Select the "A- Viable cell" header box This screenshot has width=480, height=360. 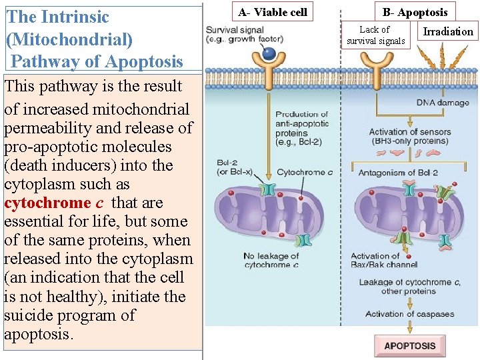(273, 12)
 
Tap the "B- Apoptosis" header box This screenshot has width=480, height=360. (415, 12)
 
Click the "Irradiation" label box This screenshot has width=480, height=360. (448, 31)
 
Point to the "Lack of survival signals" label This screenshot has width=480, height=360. (375, 35)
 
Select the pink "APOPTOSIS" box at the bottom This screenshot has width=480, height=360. (410, 345)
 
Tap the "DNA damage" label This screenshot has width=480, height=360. (443, 103)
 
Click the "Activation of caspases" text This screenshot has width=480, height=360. (403, 313)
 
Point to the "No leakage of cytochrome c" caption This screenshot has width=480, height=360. (271, 260)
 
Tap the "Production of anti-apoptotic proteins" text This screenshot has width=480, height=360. (301, 127)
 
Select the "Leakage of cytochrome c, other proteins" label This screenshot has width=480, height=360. (409, 286)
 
